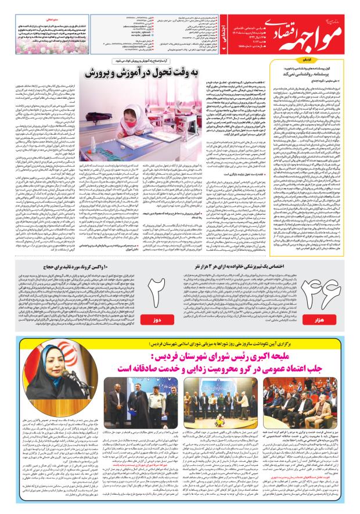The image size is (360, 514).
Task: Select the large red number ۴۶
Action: pyautogui.click(x=332, y=280)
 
